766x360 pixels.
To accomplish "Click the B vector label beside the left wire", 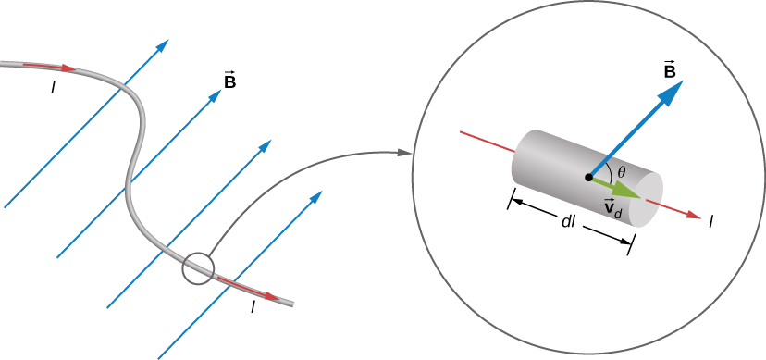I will coord(229,81).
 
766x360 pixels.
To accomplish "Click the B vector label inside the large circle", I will coord(669,70).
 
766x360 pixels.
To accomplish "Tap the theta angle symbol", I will coord(622,171).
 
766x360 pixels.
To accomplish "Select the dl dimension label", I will coord(571,222).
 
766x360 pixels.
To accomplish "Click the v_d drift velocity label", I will coord(612,208).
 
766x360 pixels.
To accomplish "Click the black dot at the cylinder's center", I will coord(588,177).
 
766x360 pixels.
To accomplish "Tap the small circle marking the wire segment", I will coord(198,268).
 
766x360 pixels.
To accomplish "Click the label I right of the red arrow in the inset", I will coord(710,221).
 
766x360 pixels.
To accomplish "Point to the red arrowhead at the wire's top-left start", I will coord(68,68).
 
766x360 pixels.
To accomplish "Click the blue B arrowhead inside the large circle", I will coord(673,90).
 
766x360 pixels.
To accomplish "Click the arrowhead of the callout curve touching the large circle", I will coord(405,151).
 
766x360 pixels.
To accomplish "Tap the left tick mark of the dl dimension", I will coord(510,199).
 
